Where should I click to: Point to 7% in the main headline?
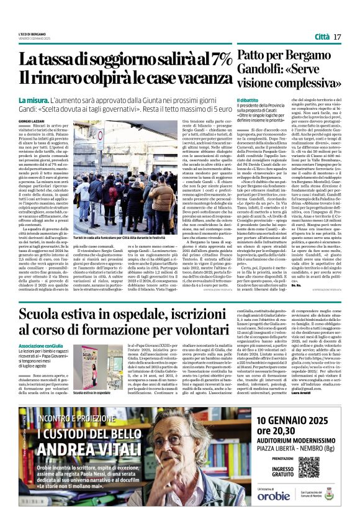coord(218,59)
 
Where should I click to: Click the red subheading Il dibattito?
coord(248,100)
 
